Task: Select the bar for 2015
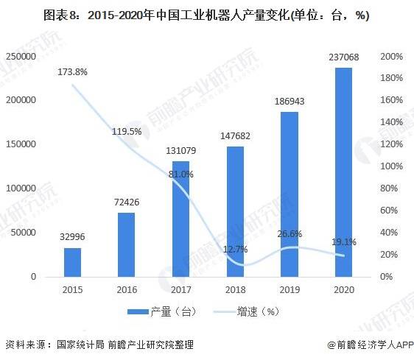tap(72, 261)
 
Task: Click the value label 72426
tap(126, 200)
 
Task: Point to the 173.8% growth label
tap(73, 72)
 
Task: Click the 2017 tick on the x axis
tap(180, 289)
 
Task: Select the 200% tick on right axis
tap(392, 57)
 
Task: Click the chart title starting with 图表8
tap(207, 15)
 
